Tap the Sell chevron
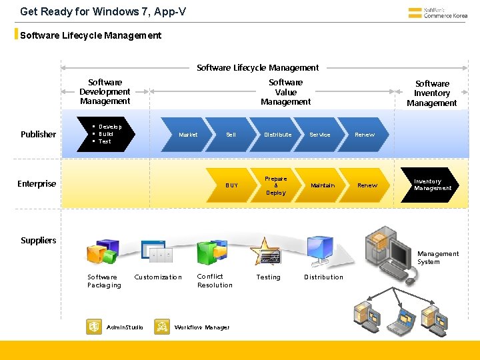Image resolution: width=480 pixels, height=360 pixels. pos(230,135)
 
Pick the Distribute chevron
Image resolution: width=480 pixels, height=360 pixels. pos(277,135)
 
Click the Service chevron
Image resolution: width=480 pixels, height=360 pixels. pos(320,135)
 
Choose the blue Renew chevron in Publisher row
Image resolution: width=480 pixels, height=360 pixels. pos(365,135)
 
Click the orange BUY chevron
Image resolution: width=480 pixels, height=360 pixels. pos(231,185)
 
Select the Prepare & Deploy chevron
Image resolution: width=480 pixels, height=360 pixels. pos(276,185)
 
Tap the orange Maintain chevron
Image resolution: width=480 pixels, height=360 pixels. pos(323,185)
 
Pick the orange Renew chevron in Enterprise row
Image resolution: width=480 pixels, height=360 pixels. pos(367,185)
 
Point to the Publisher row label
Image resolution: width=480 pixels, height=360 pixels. pos(38,135)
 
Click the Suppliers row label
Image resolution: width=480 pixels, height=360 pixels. pos(38,240)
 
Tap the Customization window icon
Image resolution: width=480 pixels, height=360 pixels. pos(160,253)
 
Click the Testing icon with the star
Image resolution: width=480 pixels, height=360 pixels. pos(265,251)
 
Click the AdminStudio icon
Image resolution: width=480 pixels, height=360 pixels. pos(94,327)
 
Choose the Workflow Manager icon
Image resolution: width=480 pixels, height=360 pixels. pos(162,327)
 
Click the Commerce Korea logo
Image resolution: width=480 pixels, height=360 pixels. pos(437,13)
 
